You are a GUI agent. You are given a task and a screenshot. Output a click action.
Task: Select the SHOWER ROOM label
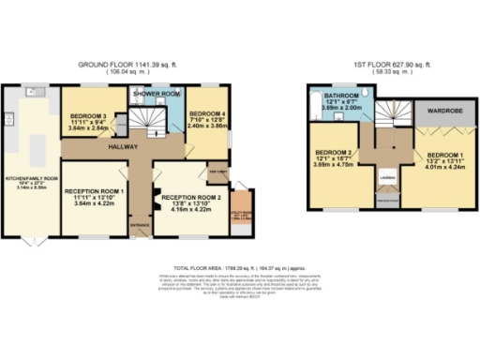[x=156, y=95]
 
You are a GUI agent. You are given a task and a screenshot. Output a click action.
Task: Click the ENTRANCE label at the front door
[x=139, y=226]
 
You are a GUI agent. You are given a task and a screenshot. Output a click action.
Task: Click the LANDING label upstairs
[x=384, y=174]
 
